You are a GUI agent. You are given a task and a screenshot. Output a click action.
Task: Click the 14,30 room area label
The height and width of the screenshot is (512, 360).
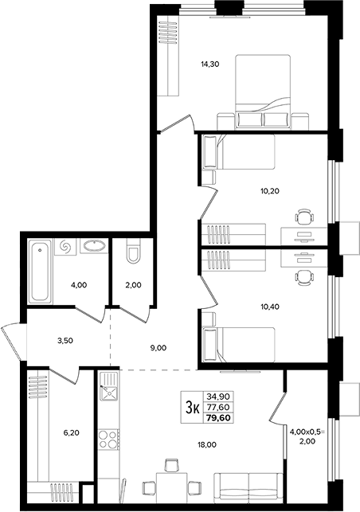(209, 64)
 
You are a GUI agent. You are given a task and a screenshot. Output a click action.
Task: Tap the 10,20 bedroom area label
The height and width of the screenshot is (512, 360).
(270, 190)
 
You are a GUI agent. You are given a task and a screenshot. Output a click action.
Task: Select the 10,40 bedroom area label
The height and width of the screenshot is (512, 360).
(270, 307)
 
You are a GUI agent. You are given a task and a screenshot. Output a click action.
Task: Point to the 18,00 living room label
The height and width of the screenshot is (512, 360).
(207, 444)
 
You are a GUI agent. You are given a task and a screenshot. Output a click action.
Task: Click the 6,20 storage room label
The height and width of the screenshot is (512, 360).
(71, 433)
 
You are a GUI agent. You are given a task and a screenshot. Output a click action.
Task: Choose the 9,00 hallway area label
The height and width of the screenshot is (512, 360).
(158, 348)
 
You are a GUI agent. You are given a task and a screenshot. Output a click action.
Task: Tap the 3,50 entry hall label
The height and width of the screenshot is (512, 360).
(65, 341)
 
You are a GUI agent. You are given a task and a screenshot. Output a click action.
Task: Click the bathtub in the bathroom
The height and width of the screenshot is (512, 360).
(40, 272)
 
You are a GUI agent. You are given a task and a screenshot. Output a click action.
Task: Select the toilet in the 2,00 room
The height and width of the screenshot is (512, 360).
(133, 251)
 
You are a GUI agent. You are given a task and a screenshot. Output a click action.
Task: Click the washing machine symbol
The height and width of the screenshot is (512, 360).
(65, 247)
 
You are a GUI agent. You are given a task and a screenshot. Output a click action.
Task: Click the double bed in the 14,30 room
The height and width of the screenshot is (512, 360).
(263, 92)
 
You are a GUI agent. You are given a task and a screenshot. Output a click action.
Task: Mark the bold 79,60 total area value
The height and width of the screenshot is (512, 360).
(218, 417)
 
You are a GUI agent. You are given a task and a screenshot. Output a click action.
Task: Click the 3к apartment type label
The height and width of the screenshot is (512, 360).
(192, 407)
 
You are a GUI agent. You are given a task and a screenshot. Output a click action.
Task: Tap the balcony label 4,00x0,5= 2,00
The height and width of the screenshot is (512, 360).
(307, 436)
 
